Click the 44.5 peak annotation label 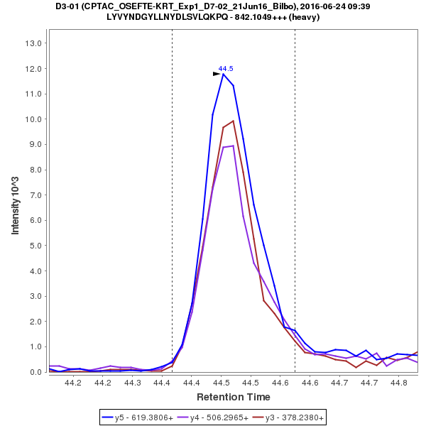tap(226, 68)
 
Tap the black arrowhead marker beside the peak tap(217, 73)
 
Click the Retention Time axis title tap(233, 396)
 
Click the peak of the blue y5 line tap(223, 74)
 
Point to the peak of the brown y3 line tap(233, 121)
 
